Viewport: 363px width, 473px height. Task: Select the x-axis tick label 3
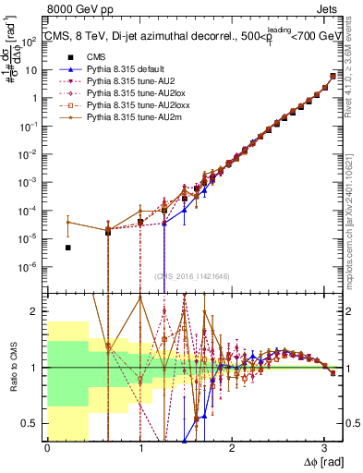pos(323,447)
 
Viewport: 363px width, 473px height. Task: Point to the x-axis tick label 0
pos(47,447)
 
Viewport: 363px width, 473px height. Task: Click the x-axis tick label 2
pos(232,447)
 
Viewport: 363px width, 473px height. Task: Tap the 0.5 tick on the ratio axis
pos(35,423)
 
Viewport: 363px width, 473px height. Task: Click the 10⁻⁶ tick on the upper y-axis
pos(33,267)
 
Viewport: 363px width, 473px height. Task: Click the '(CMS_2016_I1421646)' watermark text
pos(192,276)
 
